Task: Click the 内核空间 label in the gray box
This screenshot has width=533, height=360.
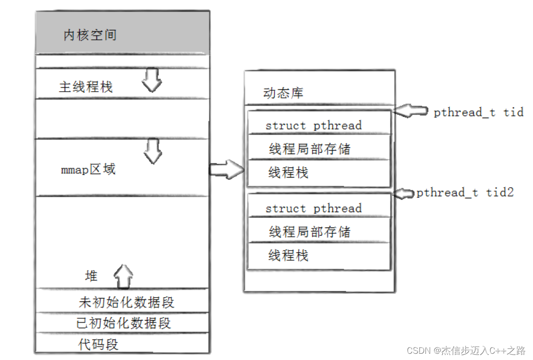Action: tap(90, 35)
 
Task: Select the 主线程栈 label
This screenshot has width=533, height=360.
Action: tap(85, 87)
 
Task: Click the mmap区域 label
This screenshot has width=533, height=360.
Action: tap(88, 169)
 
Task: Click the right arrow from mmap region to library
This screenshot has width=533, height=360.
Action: tap(227, 169)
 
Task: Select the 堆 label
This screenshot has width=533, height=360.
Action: tap(91, 276)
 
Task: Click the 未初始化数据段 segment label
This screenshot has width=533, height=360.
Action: tap(126, 302)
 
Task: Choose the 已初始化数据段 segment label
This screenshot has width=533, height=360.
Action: tap(123, 323)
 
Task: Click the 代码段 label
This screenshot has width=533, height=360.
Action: tap(98, 344)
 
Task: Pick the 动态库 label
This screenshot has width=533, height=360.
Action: tap(283, 93)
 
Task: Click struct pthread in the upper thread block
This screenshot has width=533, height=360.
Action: tap(313, 125)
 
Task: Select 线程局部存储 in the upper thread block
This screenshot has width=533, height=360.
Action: tap(309, 149)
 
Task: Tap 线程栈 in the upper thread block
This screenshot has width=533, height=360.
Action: tap(288, 172)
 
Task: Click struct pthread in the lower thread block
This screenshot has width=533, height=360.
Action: tap(313, 208)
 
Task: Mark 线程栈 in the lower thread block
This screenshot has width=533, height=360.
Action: tap(288, 255)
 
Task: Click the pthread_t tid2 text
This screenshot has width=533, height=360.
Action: tap(465, 192)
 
